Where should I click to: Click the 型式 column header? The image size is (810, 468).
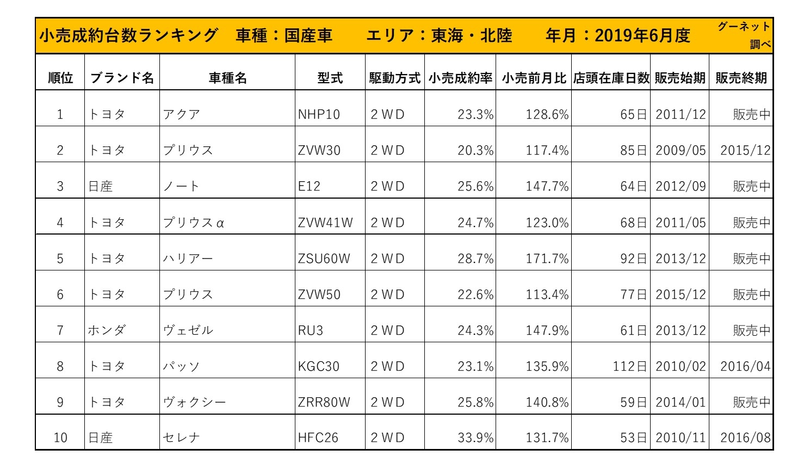[330, 78]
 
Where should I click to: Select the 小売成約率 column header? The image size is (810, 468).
[460, 78]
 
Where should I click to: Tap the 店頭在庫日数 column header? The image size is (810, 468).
[611, 78]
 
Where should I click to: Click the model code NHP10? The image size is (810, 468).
[319, 115]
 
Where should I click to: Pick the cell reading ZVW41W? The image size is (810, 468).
[325, 223]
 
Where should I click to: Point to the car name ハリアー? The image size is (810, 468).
[188, 258]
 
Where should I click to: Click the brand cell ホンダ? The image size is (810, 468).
[107, 330]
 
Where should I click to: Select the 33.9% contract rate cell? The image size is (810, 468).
[475, 438]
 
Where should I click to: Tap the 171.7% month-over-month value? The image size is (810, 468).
[547, 258]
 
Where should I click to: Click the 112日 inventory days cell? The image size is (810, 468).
[629, 366]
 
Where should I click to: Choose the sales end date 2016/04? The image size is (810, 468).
[745, 366]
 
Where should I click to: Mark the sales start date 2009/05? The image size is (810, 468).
[681, 150]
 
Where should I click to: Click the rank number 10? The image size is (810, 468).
[60, 438]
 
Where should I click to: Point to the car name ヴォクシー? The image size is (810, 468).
[194, 402]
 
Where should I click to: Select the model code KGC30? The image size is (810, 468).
[319, 366]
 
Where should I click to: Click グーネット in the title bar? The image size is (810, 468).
[744, 27]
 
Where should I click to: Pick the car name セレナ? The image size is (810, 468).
[181, 438]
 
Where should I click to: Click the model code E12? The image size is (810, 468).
[309, 187]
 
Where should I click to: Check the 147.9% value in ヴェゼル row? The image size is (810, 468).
[547, 330]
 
